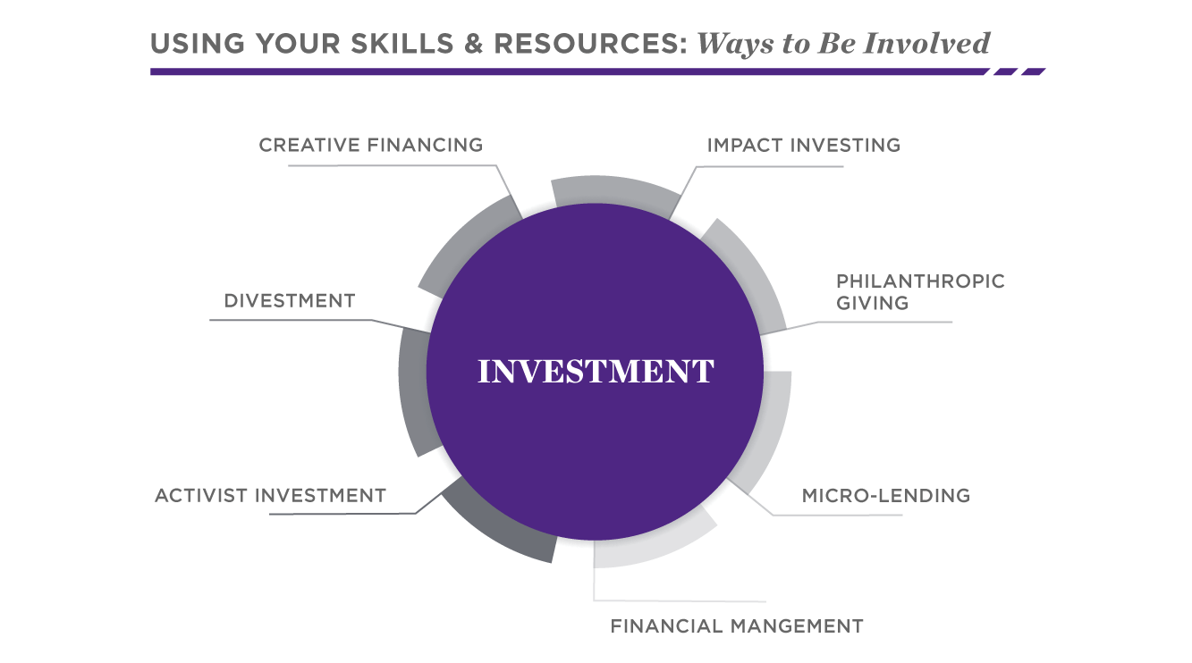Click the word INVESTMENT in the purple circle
(x=596, y=372)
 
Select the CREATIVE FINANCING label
(x=370, y=145)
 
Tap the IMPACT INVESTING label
(x=803, y=145)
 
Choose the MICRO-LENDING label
(x=885, y=495)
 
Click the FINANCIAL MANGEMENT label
(x=736, y=626)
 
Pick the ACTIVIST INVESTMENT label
(x=270, y=495)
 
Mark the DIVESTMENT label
(x=290, y=301)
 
